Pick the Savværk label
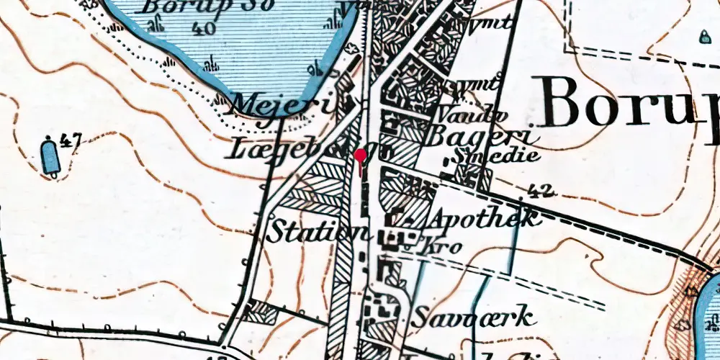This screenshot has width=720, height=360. pos(474,316)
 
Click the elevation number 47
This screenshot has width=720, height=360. pos(69,140)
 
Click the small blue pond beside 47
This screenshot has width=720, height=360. pos(50,156)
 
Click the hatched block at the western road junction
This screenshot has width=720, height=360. pos(260,311)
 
